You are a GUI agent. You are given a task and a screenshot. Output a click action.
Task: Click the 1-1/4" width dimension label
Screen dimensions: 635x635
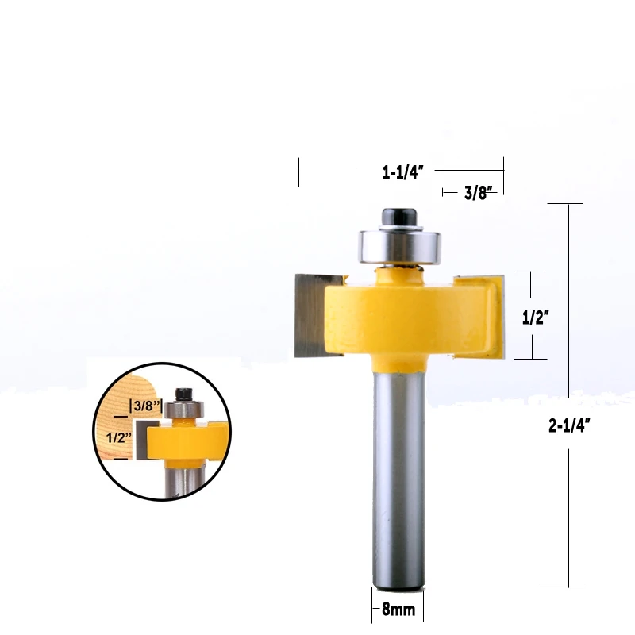(x=402, y=172)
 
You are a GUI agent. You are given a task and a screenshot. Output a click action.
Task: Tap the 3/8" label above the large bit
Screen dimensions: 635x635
(x=479, y=193)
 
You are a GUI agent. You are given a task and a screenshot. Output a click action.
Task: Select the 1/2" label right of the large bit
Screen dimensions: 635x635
(x=535, y=317)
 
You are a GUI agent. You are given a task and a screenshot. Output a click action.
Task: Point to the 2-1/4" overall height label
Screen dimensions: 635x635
(x=569, y=425)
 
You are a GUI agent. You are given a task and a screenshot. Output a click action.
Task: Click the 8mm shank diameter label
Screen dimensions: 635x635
(x=398, y=610)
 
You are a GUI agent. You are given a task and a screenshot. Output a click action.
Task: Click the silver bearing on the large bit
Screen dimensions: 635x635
(x=399, y=247)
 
